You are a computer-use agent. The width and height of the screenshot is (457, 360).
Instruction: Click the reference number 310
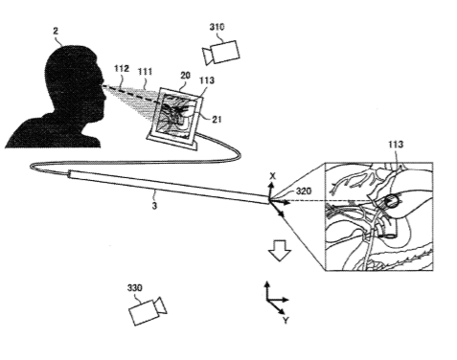(x=217, y=27)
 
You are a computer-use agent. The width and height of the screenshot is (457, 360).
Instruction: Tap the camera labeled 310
(x=221, y=53)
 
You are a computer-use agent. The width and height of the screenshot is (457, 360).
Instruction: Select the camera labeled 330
(x=148, y=311)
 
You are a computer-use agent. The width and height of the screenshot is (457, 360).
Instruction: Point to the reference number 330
(x=134, y=288)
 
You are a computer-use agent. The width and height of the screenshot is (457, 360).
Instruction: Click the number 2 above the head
(x=56, y=31)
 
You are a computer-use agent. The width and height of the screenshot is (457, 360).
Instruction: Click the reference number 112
(x=122, y=69)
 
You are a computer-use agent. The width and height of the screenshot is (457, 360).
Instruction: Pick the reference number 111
(x=145, y=72)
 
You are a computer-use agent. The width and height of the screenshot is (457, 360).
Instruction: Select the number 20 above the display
(x=185, y=76)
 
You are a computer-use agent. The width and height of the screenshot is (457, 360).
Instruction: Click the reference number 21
(x=217, y=120)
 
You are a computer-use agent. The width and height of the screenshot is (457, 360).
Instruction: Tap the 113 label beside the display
(x=207, y=80)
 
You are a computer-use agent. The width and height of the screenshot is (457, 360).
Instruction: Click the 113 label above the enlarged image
(x=396, y=145)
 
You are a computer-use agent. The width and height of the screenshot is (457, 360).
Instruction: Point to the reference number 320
(x=304, y=191)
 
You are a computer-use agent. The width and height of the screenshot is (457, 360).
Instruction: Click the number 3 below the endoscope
(x=154, y=206)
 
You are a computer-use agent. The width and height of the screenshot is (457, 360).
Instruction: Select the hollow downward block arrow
(x=280, y=251)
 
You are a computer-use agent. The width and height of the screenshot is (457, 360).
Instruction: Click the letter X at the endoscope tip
(x=272, y=176)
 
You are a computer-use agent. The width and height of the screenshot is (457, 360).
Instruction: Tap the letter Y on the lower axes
(x=286, y=321)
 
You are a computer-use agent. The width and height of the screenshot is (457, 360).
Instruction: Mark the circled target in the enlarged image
(x=391, y=201)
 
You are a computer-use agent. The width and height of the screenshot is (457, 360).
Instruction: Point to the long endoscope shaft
(x=169, y=187)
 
